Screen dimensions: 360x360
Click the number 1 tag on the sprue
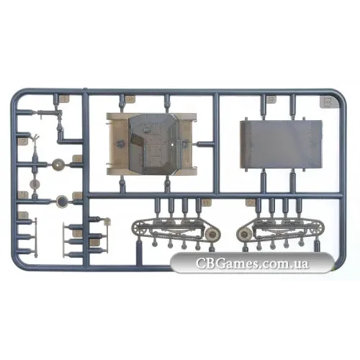(63, 99)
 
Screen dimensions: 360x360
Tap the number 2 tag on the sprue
(23, 142)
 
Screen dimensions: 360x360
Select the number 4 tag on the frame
(23, 215)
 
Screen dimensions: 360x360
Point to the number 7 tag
(78, 233)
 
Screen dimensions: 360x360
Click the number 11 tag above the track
(206, 203)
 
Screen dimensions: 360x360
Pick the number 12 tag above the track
(251, 203)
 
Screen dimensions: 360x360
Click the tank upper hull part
(153, 144)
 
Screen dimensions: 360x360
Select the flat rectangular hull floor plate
(281, 144)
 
